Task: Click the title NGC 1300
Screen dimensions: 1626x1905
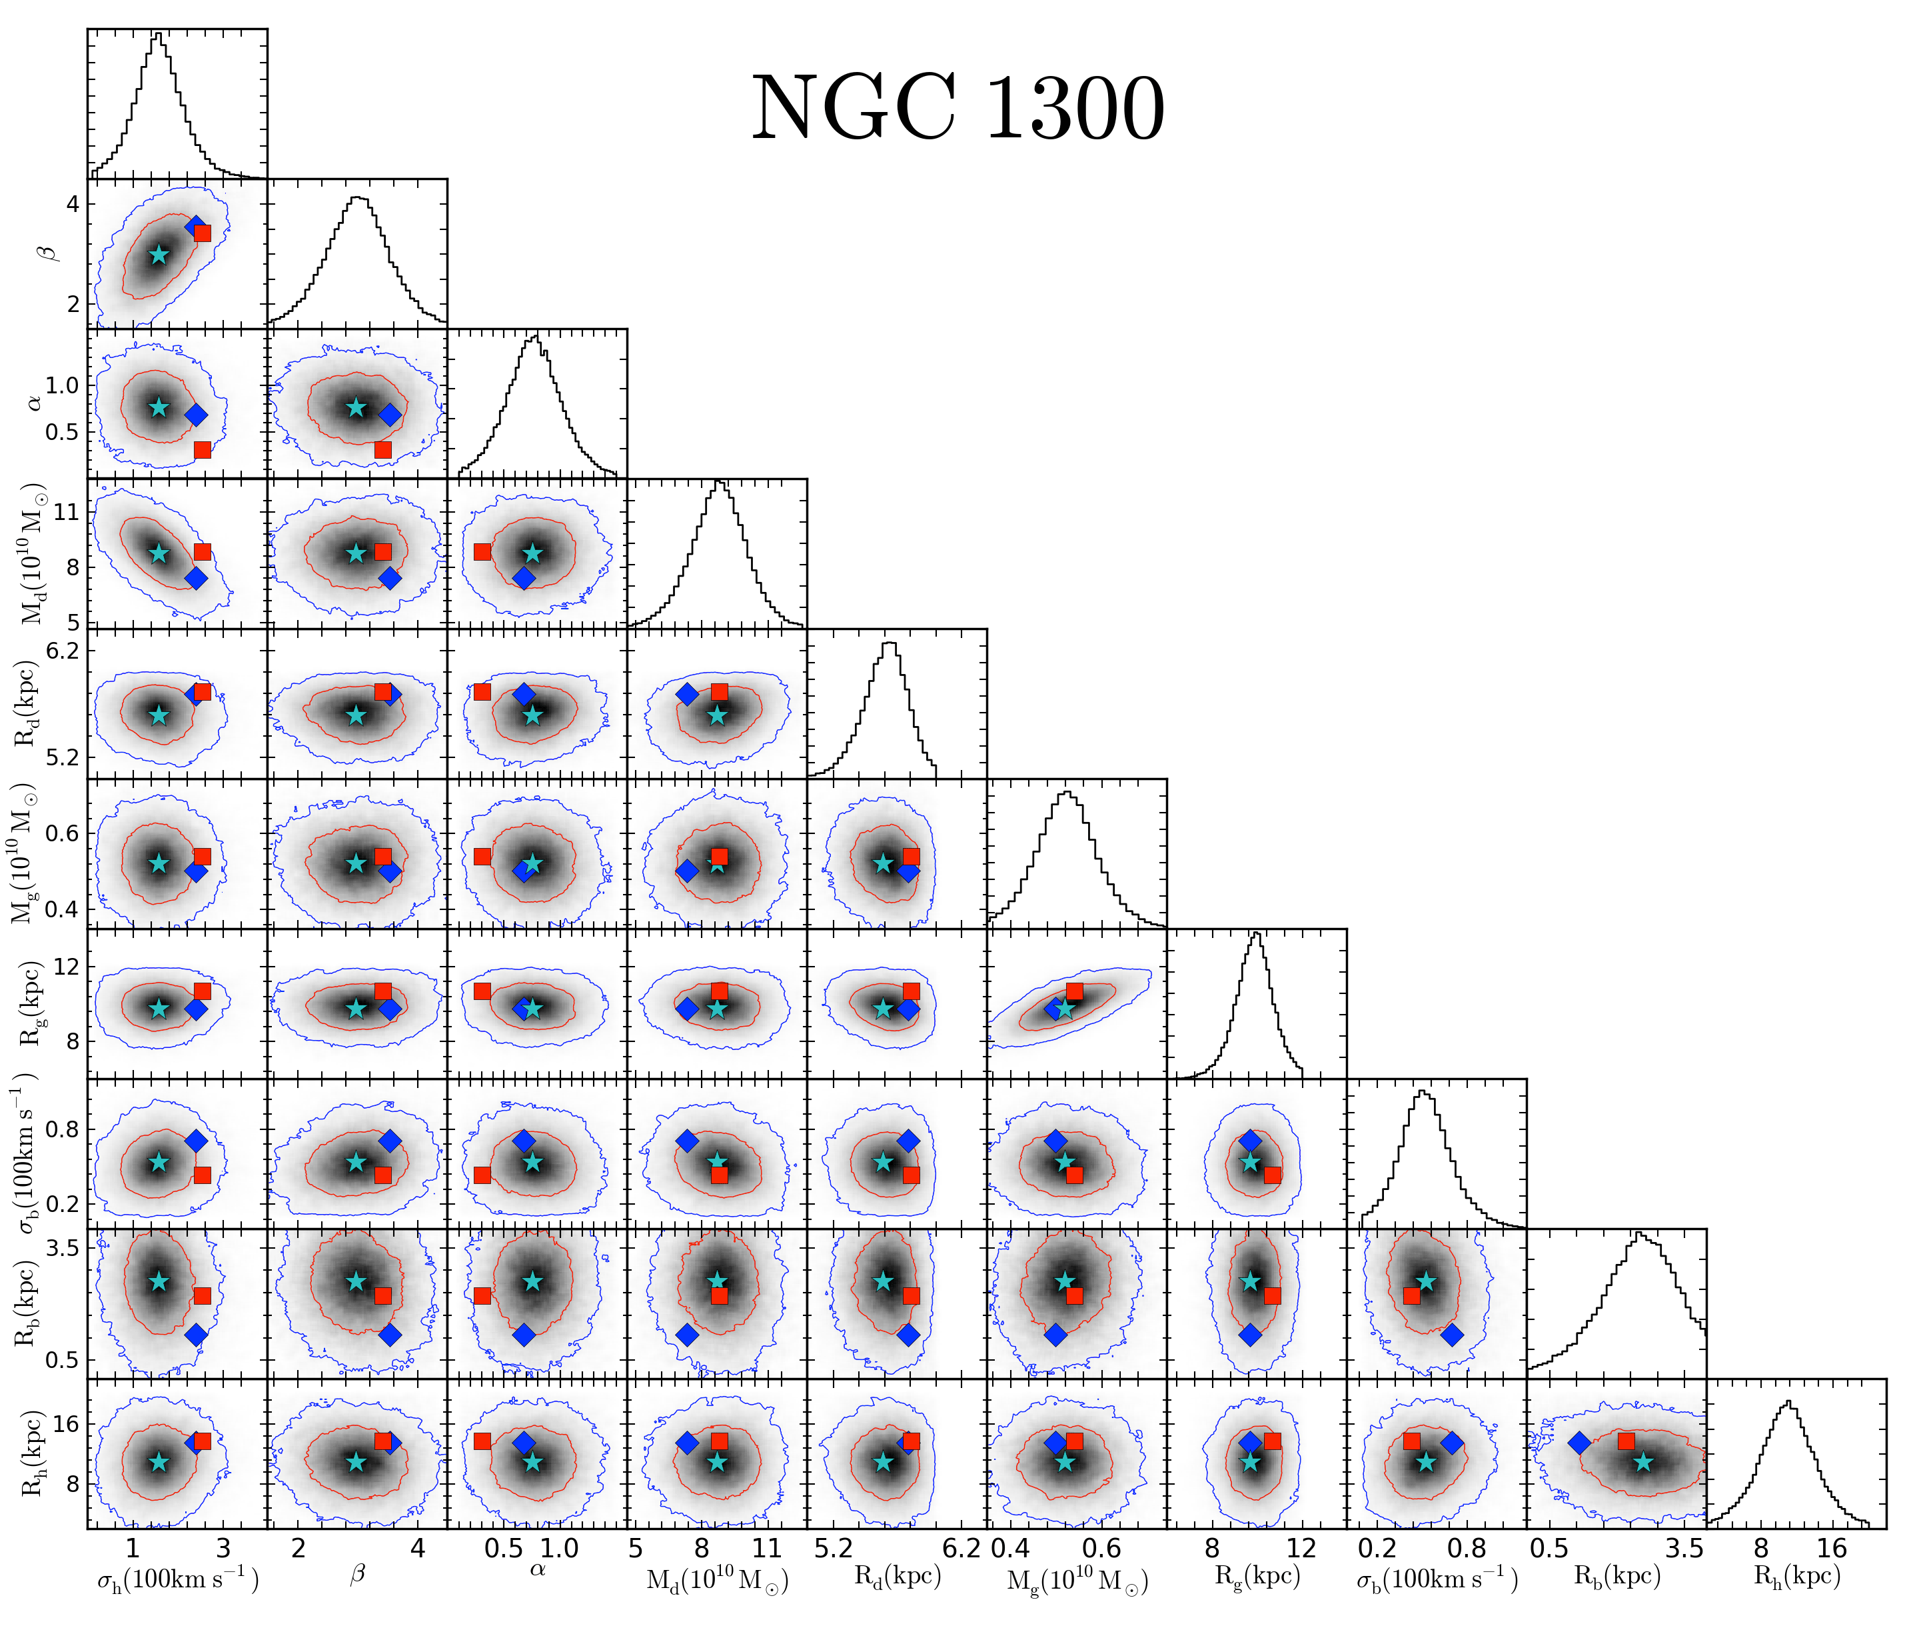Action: pos(958,109)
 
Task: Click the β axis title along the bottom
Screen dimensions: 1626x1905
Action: pos(358,1573)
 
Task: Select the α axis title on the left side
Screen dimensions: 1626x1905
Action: pos(34,403)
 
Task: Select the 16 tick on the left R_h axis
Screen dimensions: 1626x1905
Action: pos(65,1425)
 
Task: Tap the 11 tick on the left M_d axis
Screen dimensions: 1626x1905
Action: pos(66,512)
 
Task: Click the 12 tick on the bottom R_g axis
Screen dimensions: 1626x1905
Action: pos(1302,1549)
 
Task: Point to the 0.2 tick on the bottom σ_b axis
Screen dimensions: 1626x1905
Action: pos(1377,1549)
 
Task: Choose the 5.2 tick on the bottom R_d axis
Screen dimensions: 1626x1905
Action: pos(834,1549)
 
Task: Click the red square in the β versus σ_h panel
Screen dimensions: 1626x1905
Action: pos(203,233)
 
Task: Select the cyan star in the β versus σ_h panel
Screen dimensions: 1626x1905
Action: pos(159,255)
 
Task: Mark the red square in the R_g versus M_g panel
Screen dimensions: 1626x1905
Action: pos(1074,991)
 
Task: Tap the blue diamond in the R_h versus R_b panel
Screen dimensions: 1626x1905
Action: pos(1579,1443)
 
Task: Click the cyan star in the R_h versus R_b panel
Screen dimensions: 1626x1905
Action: pos(1643,1461)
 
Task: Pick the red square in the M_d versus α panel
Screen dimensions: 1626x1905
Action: pos(482,552)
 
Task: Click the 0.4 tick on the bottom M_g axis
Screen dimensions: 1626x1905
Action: pos(1010,1549)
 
